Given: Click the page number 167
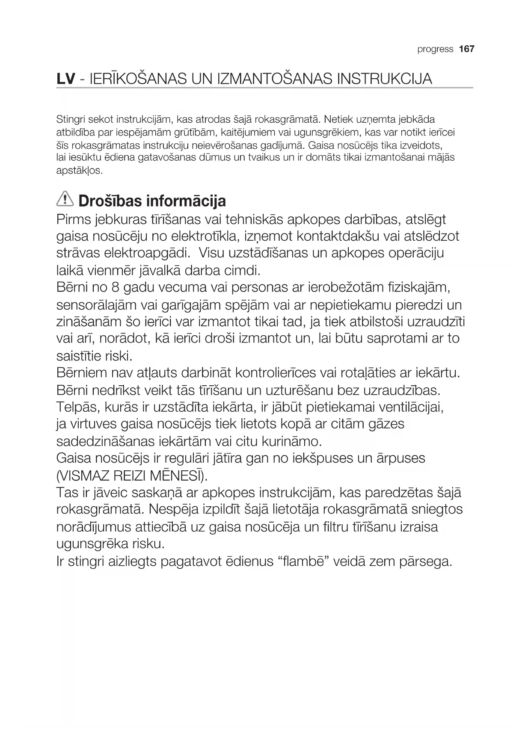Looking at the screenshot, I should click(x=466, y=49).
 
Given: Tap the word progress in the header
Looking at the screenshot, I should click(x=435, y=50).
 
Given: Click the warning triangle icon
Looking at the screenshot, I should click(x=65, y=199).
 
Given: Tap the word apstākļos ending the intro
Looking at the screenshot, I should click(x=80, y=171).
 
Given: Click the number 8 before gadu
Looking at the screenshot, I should click(x=115, y=287).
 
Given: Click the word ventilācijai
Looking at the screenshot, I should click(x=411, y=407).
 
